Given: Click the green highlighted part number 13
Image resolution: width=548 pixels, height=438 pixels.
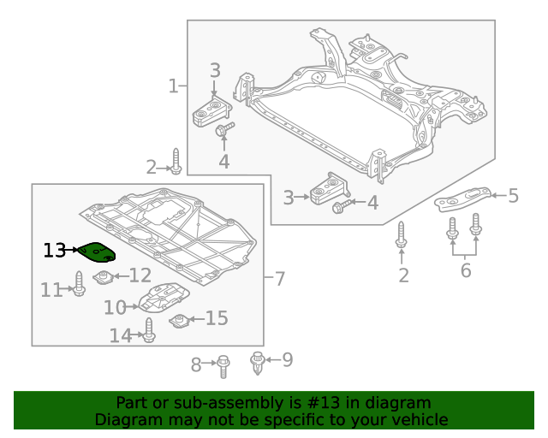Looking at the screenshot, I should (x=97, y=252).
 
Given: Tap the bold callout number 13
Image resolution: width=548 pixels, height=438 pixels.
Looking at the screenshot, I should (x=54, y=251).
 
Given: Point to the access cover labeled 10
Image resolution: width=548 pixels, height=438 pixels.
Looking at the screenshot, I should (x=164, y=299).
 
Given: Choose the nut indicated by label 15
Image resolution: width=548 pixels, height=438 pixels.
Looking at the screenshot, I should (x=180, y=321).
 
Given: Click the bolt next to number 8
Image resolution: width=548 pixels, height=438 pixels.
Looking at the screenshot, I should (x=223, y=365).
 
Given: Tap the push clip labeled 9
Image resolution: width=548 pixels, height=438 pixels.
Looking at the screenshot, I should (x=257, y=363).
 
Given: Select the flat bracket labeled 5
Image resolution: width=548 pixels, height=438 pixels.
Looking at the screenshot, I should (x=463, y=199).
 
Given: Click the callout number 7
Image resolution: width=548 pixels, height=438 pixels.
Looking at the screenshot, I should (x=279, y=278).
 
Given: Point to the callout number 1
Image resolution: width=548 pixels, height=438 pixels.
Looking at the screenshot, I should (x=173, y=86).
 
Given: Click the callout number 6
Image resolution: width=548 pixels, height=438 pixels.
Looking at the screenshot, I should (x=465, y=271).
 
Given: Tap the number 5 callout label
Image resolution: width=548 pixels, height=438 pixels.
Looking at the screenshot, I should (x=513, y=197).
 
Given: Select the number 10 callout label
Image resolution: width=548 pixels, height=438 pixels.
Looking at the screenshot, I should (x=115, y=307).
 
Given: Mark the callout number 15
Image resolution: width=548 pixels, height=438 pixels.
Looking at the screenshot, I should (x=217, y=319).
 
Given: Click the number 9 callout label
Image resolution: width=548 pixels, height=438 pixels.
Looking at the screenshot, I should (x=287, y=360).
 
